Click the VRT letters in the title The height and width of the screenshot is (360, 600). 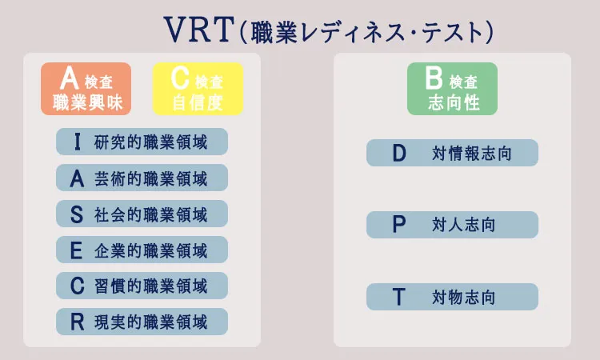coord(199,29)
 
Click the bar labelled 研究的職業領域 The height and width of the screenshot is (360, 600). coord(142,142)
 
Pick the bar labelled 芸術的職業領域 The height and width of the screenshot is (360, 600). coord(142,178)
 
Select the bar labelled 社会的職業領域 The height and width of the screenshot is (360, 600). coord(142,214)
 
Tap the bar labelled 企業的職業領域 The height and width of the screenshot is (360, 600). coord(142,250)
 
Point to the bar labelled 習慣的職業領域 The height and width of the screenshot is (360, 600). coord(142,286)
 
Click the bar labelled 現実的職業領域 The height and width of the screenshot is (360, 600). coord(142,322)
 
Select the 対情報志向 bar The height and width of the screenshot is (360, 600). coord(452,153)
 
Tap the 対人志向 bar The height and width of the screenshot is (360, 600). coord(452,225)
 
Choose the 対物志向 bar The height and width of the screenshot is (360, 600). coord(452,297)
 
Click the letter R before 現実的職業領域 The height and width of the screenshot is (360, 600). coord(77,322)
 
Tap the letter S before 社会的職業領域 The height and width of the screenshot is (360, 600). coord(77,214)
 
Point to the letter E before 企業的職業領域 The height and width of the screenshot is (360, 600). coord(77,250)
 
